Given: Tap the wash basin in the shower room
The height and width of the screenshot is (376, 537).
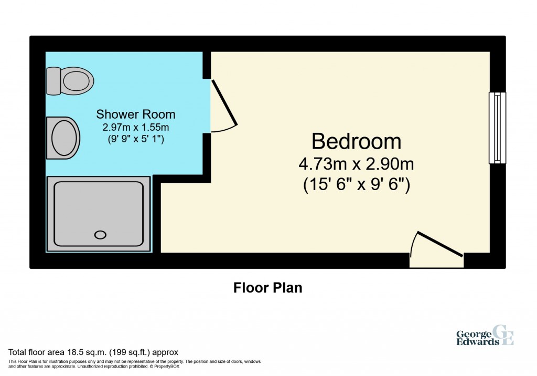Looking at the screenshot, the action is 63,138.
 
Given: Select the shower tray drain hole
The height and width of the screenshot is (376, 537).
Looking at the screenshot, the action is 100,235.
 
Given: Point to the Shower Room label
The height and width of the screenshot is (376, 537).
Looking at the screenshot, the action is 136,114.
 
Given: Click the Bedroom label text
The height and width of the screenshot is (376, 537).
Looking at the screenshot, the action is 356,141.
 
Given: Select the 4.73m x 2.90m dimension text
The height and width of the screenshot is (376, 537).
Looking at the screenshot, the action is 356,164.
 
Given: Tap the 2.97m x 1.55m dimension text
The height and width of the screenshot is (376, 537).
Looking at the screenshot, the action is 136,127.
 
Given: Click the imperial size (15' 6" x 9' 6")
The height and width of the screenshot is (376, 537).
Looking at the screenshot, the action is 357,185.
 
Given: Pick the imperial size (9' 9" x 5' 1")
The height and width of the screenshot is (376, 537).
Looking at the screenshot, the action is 136,139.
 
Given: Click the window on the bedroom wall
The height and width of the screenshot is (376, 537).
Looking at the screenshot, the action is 497,128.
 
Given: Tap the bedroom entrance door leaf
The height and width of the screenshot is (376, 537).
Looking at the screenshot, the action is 440,244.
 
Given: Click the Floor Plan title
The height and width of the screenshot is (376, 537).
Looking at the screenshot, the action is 268,288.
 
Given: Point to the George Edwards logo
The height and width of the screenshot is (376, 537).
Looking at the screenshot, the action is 485,335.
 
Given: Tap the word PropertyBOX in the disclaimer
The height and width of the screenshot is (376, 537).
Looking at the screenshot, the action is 167,367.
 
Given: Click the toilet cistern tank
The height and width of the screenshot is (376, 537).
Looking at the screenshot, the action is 53,81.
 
